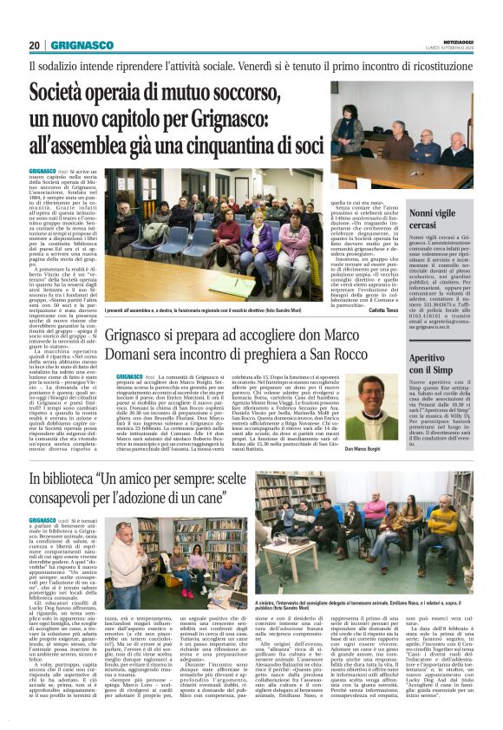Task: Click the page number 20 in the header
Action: pyautogui.click(x=35, y=45)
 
